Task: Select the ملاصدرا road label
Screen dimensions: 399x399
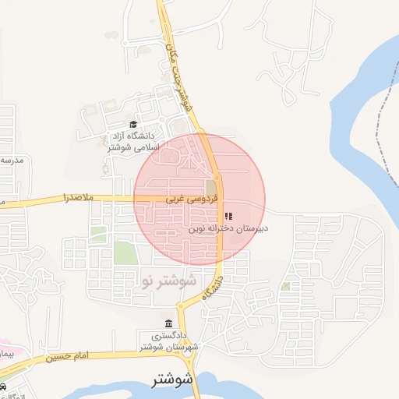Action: (x=78, y=198)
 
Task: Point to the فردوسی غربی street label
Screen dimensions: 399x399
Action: (x=186, y=199)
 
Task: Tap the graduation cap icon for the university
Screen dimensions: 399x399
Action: (x=132, y=125)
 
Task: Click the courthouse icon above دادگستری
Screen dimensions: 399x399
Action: (x=168, y=323)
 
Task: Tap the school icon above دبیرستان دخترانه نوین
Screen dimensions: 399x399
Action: (x=228, y=216)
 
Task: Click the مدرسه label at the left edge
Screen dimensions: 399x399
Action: (x=11, y=160)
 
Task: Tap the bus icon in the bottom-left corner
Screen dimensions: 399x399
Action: (x=5, y=387)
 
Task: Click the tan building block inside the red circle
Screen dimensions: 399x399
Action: (x=211, y=188)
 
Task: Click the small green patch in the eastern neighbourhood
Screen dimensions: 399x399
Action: (x=285, y=286)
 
